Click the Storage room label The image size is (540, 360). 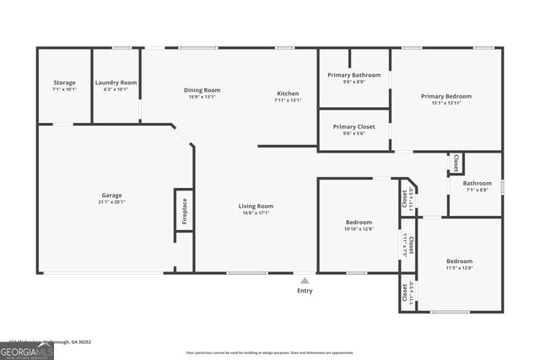click(x=64, y=83)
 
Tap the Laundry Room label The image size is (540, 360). click(x=116, y=83)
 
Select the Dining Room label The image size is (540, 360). click(x=202, y=90)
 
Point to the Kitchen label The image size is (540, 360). click(x=287, y=93)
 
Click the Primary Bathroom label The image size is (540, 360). click(x=354, y=75)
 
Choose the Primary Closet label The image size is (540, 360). click(x=354, y=126)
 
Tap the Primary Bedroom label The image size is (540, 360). click(x=445, y=96)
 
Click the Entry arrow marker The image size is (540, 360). click(x=305, y=281)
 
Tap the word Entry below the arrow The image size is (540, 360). click(x=305, y=291)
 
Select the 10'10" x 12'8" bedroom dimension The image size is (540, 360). click(x=358, y=228)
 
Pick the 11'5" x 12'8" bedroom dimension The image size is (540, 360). click(x=459, y=268)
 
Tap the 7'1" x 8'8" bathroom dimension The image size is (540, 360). click(x=477, y=190)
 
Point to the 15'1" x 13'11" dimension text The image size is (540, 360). click(x=445, y=103)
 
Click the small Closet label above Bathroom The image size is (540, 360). click(x=456, y=163)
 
